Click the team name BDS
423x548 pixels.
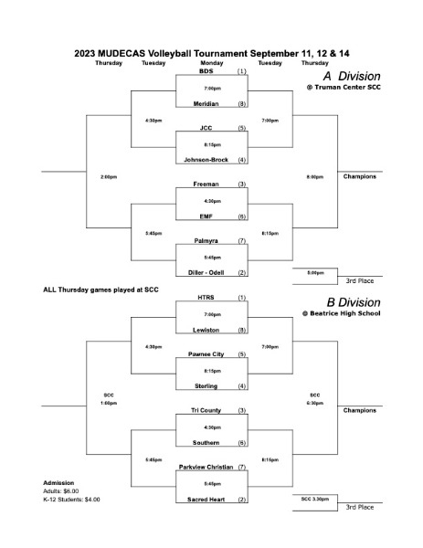(x=206, y=71)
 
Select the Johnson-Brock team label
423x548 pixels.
(x=206, y=160)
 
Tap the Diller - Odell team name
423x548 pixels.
(x=206, y=272)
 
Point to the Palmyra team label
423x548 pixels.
(x=206, y=241)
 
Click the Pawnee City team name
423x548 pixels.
(x=206, y=354)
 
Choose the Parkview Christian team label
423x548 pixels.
(x=206, y=467)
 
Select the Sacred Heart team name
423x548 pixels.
(x=206, y=500)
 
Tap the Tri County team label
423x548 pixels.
(x=206, y=410)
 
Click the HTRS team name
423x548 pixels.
(x=206, y=298)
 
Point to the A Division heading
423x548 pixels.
(x=352, y=76)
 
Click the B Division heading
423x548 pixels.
(x=354, y=302)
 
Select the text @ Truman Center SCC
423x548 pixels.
(x=344, y=88)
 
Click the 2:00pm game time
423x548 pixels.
(x=109, y=177)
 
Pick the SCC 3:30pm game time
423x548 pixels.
(x=315, y=499)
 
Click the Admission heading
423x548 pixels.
(x=58, y=483)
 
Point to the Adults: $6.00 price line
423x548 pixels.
(x=61, y=491)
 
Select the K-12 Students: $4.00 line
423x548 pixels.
(x=71, y=500)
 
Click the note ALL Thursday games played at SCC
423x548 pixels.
(x=100, y=290)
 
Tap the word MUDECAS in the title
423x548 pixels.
(x=122, y=54)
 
